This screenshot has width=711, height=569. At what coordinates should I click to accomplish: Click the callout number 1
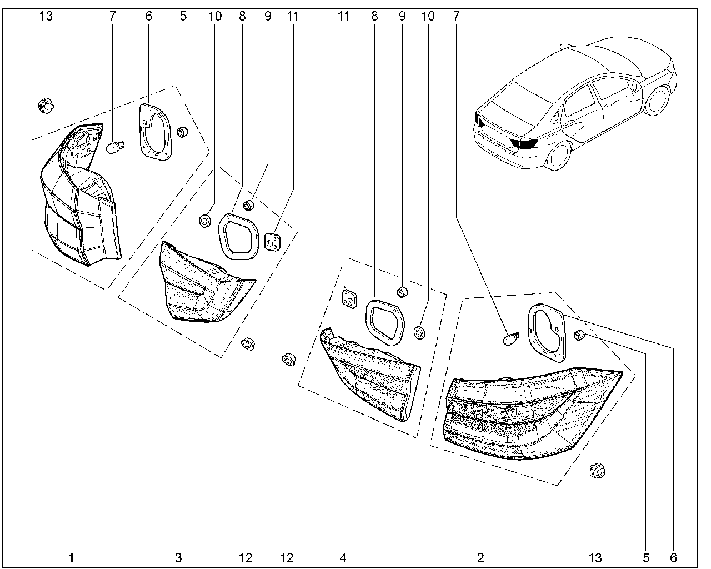[x=71, y=557]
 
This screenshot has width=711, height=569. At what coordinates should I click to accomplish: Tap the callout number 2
[x=480, y=557]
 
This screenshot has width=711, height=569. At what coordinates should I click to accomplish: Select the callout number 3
[x=178, y=557]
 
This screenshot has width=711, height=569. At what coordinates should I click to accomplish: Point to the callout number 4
[x=343, y=557]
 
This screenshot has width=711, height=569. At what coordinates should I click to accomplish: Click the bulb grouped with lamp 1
[x=115, y=148]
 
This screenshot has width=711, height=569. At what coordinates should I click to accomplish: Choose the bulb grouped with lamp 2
[x=511, y=338]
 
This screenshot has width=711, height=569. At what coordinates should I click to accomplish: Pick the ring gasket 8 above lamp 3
[x=239, y=236]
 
